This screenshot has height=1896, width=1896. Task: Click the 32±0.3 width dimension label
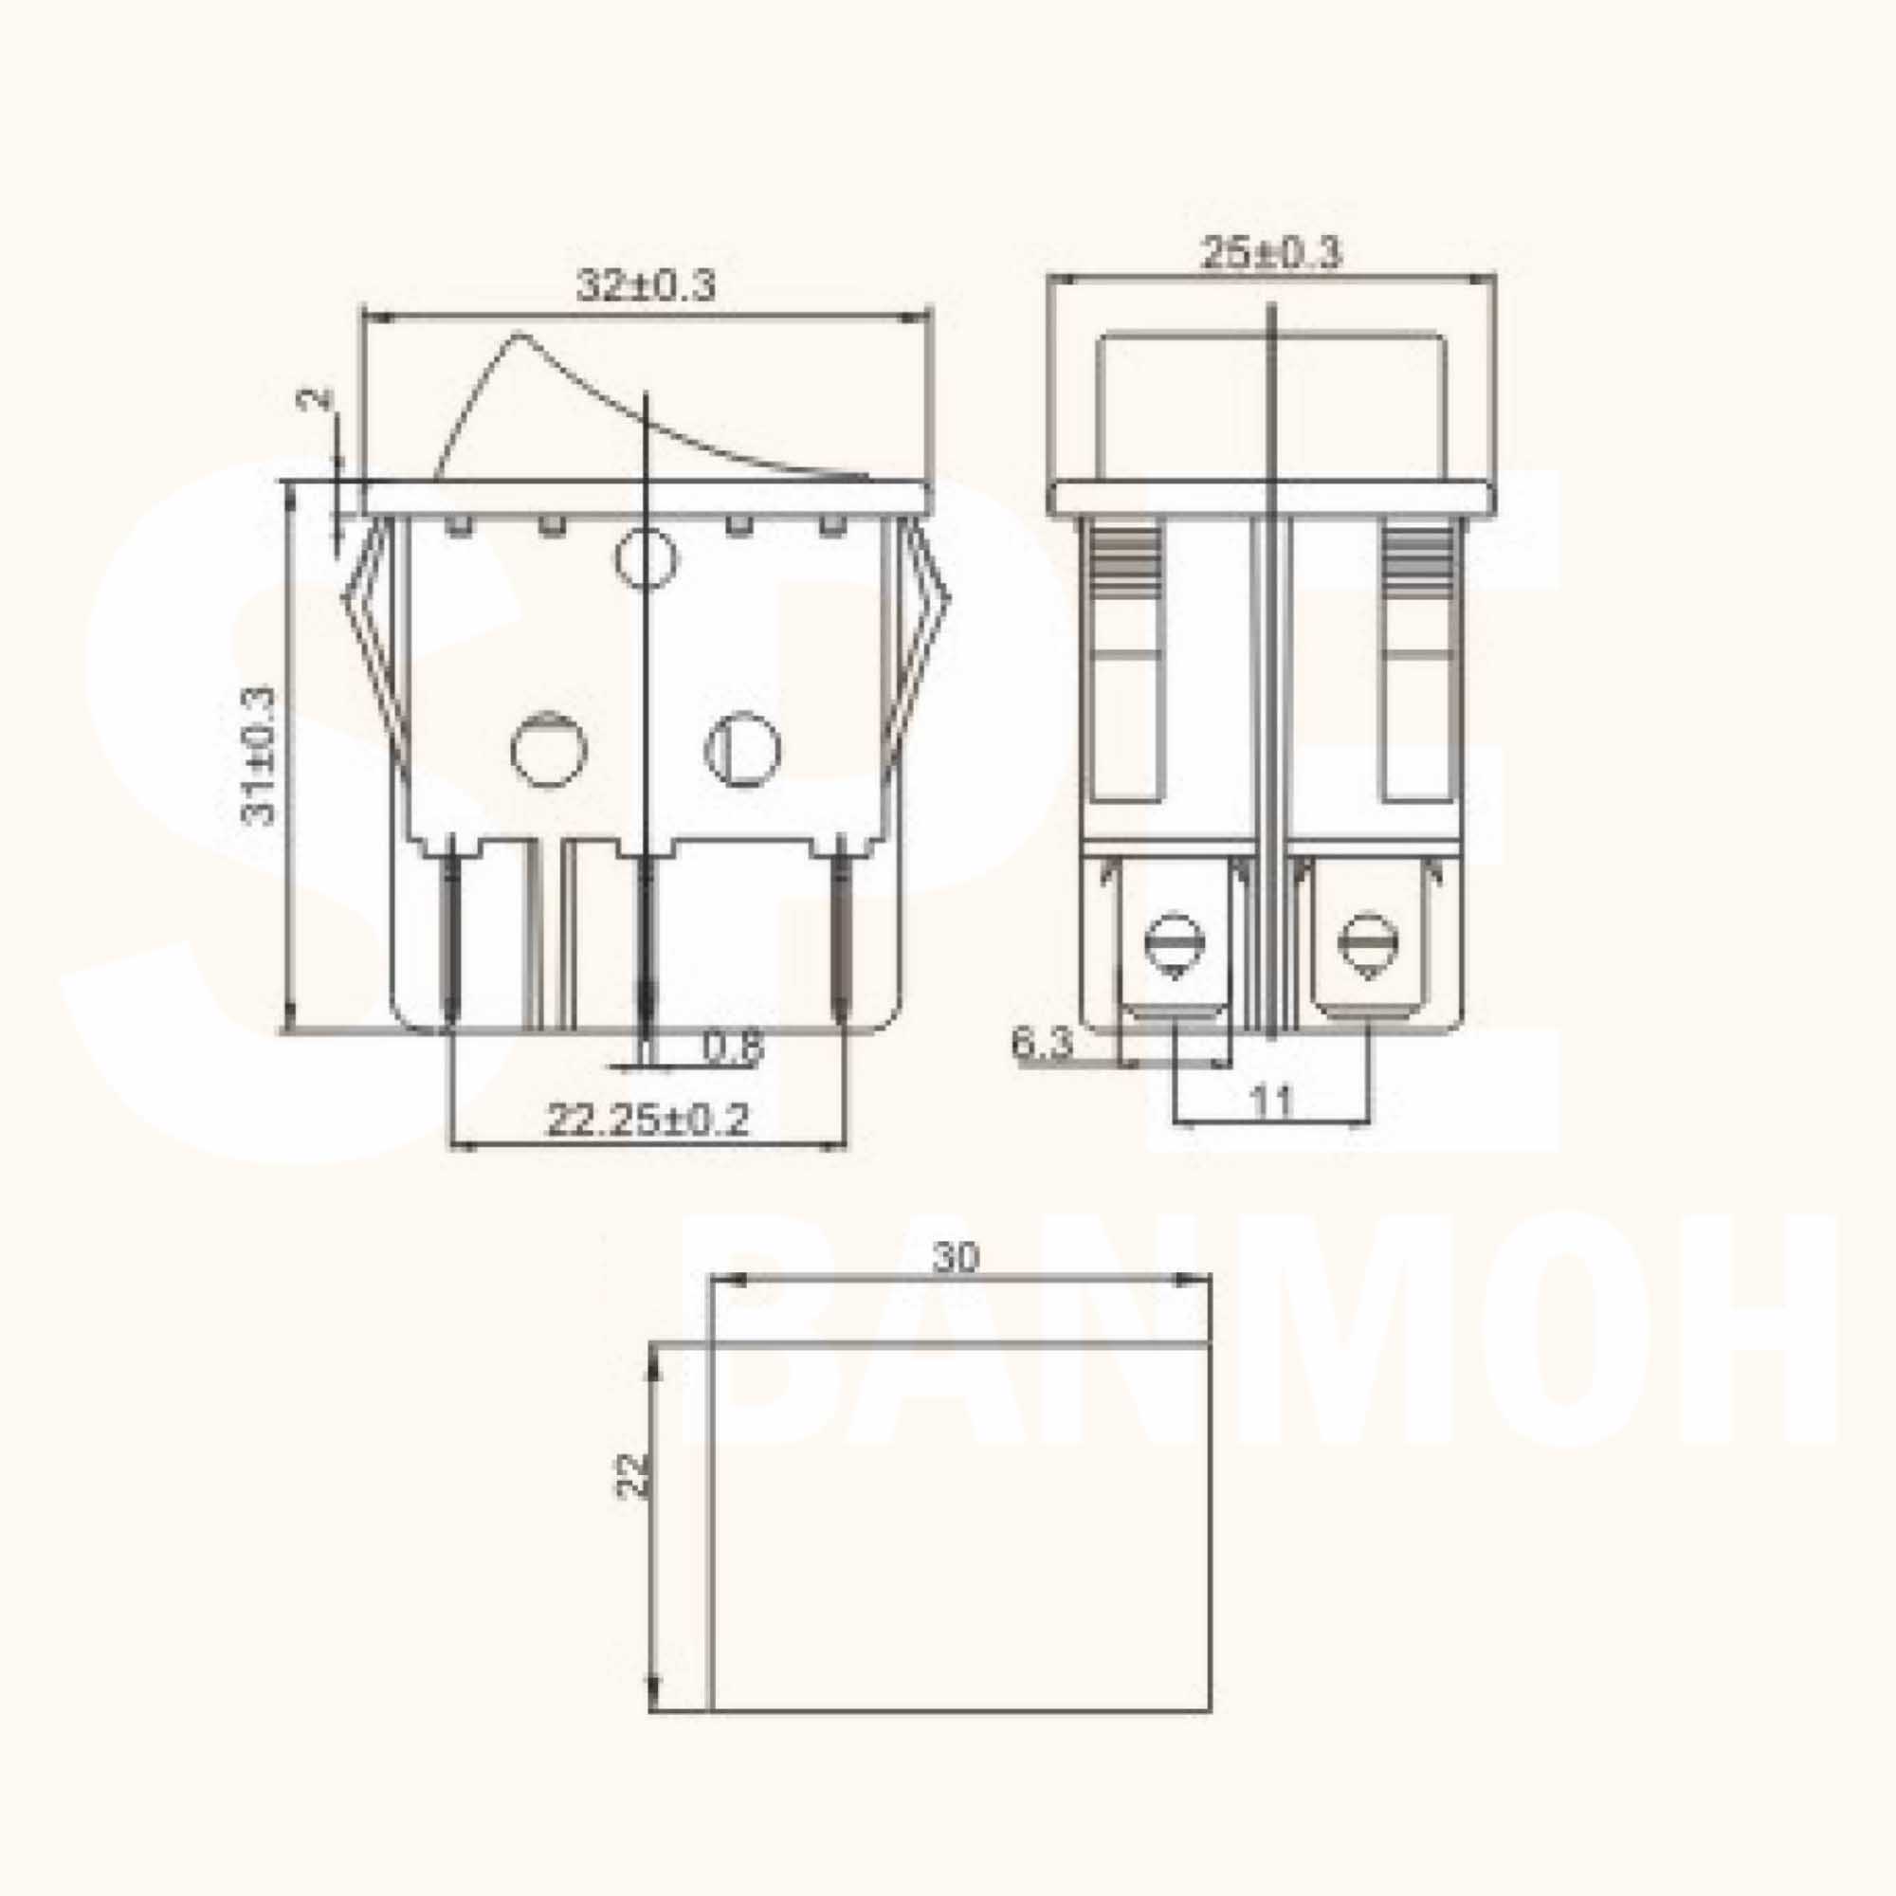pyautogui.click(x=646, y=285)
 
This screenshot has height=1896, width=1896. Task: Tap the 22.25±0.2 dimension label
pyautogui.click(x=647, y=1120)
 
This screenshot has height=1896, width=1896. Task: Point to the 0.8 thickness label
pyautogui.click(x=732, y=1049)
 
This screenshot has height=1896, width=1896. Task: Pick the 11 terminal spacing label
pyautogui.click(x=1272, y=1103)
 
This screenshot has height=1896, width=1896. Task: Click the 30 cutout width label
pyautogui.click(x=955, y=1257)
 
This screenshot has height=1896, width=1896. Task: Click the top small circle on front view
pyautogui.click(x=647, y=559)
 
